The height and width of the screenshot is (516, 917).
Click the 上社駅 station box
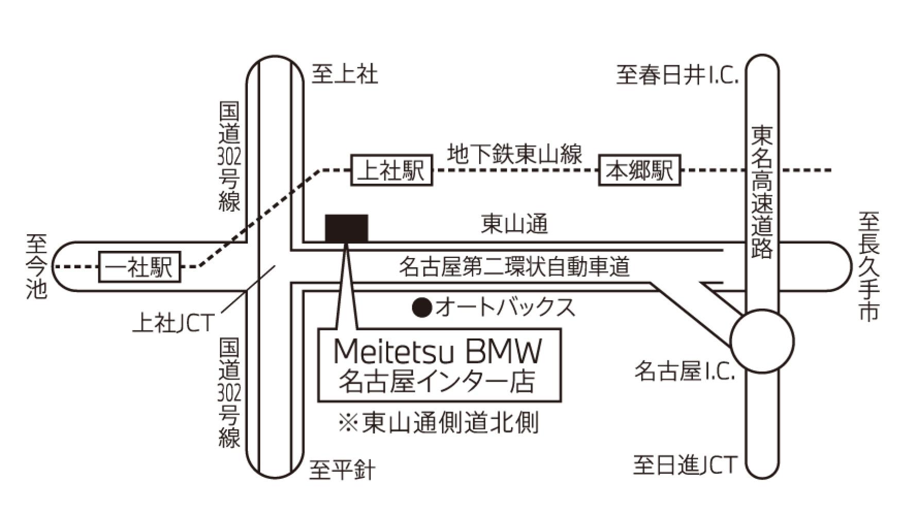point(392,170)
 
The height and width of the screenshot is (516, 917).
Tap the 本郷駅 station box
point(639,170)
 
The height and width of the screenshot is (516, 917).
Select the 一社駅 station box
point(140,267)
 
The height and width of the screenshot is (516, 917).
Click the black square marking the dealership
point(346,228)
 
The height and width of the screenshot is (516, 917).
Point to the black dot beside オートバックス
point(422,308)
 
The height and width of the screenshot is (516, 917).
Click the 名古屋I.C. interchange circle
point(762,341)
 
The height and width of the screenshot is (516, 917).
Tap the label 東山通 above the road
point(514,225)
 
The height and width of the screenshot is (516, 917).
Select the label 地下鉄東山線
point(514,154)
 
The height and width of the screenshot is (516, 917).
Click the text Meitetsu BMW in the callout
point(438,352)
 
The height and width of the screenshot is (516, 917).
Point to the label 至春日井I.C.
point(677,75)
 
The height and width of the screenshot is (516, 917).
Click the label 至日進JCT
point(685,466)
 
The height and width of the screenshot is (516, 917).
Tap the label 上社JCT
point(173,323)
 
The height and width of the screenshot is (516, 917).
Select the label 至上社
point(345,74)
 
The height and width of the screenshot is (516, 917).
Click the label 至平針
point(343,470)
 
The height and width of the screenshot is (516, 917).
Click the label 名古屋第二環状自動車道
point(514,267)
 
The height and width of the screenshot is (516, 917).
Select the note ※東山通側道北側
point(438,423)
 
